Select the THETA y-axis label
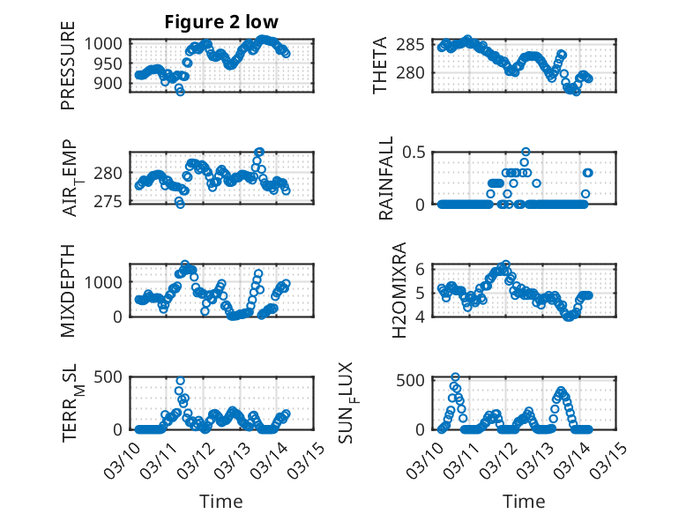tap(380, 67)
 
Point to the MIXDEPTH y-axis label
tap(68, 290)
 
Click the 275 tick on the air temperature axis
tap(116, 202)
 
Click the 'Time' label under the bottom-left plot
tap(220, 502)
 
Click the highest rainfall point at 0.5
tap(526, 152)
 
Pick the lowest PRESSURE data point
tap(180, 91)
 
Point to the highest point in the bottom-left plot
tap(180, 381)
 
